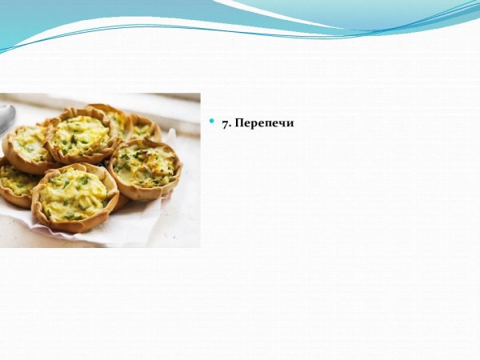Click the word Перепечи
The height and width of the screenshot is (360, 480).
[264, 124]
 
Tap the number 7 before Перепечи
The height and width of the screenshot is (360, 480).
[226, 124]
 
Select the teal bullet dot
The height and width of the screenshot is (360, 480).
[212, 121]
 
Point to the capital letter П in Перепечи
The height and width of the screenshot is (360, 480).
[239, 124]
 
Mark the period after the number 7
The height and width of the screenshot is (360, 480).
[230, 126]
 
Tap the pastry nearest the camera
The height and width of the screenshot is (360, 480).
[74, 197]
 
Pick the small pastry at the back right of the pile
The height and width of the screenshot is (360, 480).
[145, 128]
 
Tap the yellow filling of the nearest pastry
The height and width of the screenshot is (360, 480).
[74, 194]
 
